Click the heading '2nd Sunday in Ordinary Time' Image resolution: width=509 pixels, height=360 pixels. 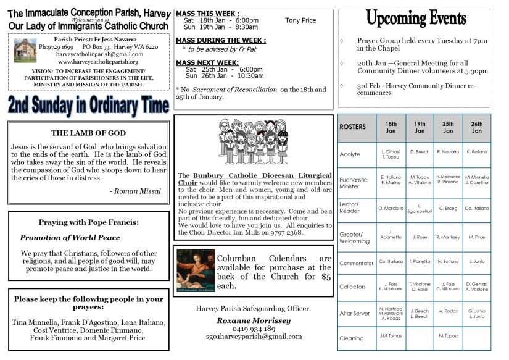(x=88, y=106)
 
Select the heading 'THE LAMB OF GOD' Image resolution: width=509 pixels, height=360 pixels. (x=88, y=133)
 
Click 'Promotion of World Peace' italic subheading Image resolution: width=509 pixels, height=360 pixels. (x=70, y=237)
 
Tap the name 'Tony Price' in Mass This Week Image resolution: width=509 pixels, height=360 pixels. (x=300, y=20)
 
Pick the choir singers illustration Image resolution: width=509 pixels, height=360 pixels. (x=253, y=141)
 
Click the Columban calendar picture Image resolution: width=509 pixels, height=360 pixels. (x=196, y=270)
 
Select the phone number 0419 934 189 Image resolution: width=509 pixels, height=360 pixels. (x=253, y=329)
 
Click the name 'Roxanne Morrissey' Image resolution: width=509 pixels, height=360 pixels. (x=253, y=320)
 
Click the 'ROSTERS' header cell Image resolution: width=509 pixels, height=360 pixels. (x=353, y=127)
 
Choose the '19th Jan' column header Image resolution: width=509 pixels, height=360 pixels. (x=420, y=127)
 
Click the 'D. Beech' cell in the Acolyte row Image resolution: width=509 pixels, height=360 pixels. (x=420, y=151)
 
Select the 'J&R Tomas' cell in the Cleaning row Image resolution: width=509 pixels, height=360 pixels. (x=391, y=336)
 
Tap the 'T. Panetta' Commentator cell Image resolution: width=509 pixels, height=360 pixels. (x=420, y=261)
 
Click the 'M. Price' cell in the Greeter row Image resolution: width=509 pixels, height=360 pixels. (x=476, y=237)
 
